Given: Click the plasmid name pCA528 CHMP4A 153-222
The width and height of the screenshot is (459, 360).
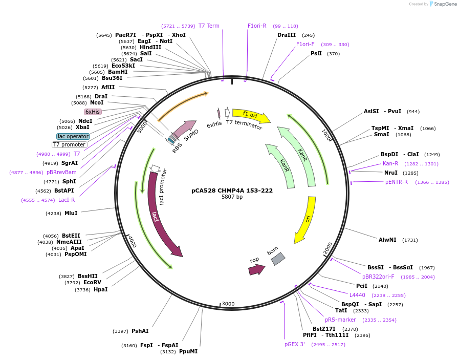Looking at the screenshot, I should [x=232, y=190].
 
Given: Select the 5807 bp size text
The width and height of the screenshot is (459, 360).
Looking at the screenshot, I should [x=232, y=197].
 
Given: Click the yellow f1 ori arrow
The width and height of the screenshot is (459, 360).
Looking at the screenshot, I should [x=251, y=116].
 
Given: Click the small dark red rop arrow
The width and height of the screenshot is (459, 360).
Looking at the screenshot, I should [x=256, y=269].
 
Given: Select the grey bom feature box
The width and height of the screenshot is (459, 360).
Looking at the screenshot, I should [x=277, y=259].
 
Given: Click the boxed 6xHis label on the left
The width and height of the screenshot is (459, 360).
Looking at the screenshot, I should [x=93, y=112].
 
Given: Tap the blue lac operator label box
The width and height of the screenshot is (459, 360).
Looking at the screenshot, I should [x=73, y=137].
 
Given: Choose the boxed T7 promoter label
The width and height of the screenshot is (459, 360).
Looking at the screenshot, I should [x=70, y=144].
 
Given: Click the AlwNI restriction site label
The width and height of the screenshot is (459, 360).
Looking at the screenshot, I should [x=387, y=240].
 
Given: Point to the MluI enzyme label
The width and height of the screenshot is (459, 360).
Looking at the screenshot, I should [x=71, y=213].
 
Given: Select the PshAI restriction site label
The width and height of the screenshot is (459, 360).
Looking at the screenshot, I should [x=140, y=331].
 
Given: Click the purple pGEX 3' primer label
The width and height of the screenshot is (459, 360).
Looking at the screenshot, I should [x=295, y=344].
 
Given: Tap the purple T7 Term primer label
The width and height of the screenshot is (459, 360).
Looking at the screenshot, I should [x=209, y=26].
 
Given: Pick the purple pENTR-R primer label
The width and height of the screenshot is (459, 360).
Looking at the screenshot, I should [x=397, y=182].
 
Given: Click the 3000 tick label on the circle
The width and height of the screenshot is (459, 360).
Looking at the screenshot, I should [x=228, y=304].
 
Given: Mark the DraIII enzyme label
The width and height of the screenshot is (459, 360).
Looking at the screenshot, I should [x=287, y=35].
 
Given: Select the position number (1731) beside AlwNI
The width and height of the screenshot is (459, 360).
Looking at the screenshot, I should [x=410, y=240].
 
